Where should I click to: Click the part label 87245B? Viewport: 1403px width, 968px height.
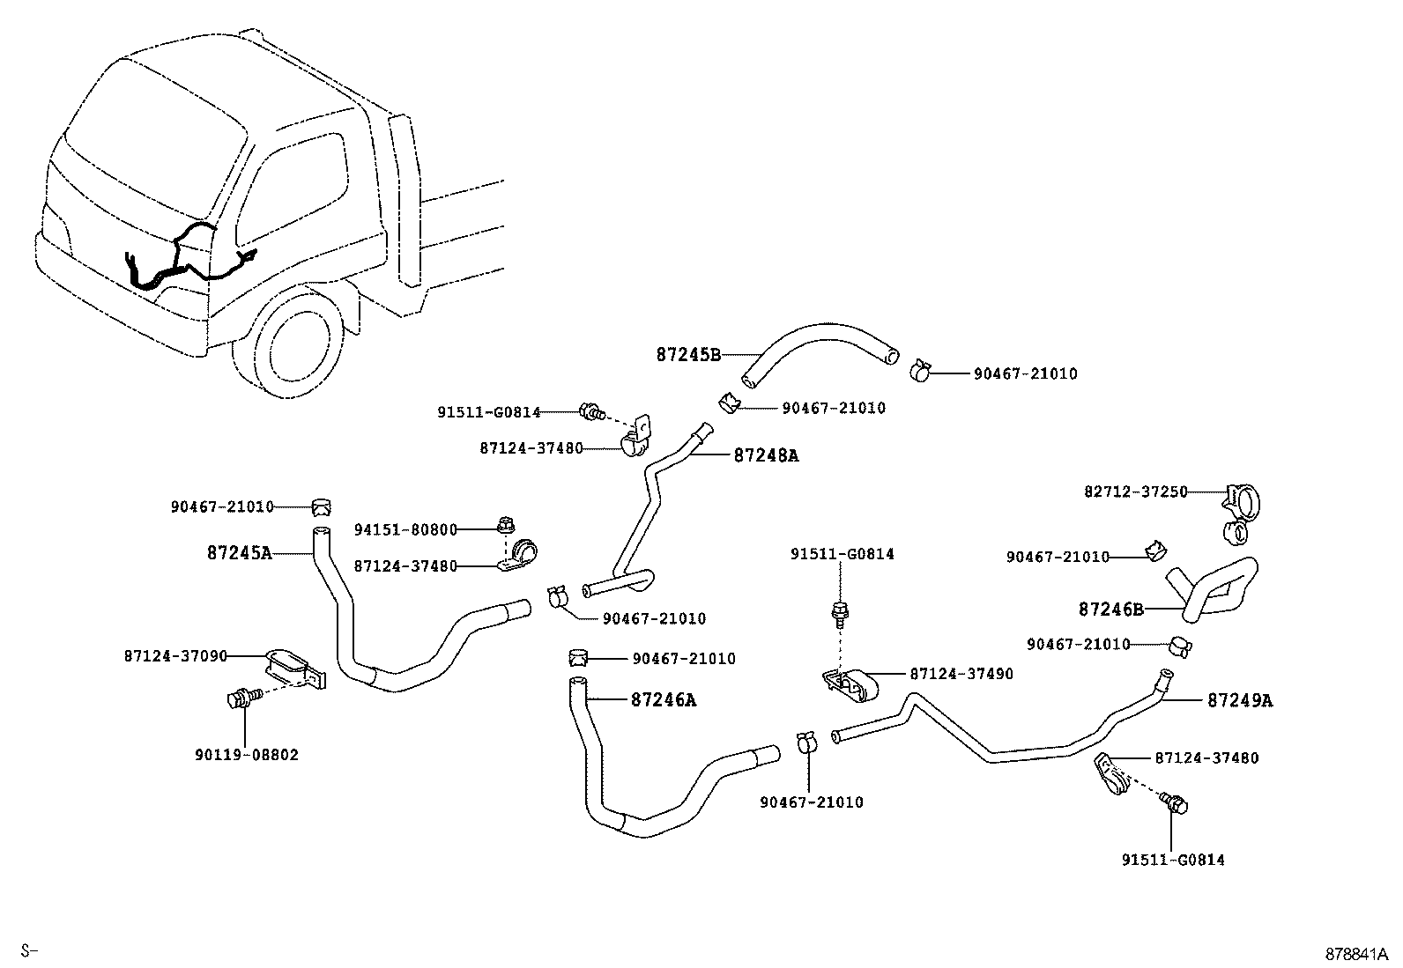(688, 355)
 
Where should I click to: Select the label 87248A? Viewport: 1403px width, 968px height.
(766, 455)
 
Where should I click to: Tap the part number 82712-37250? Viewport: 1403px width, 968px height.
(1135, 491)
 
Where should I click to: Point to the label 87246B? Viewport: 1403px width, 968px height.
(1110, 609)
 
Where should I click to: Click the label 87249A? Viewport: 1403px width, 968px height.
(1239, 700)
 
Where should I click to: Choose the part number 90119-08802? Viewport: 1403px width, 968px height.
(246, 755)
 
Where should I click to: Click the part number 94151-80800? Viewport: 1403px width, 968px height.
(405, 530)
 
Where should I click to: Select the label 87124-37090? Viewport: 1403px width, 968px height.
(175, 655)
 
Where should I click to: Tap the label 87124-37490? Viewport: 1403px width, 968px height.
(961, 674)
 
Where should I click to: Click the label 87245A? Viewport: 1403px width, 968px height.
(239, 553)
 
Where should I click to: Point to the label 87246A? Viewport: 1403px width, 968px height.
(663, 700)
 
